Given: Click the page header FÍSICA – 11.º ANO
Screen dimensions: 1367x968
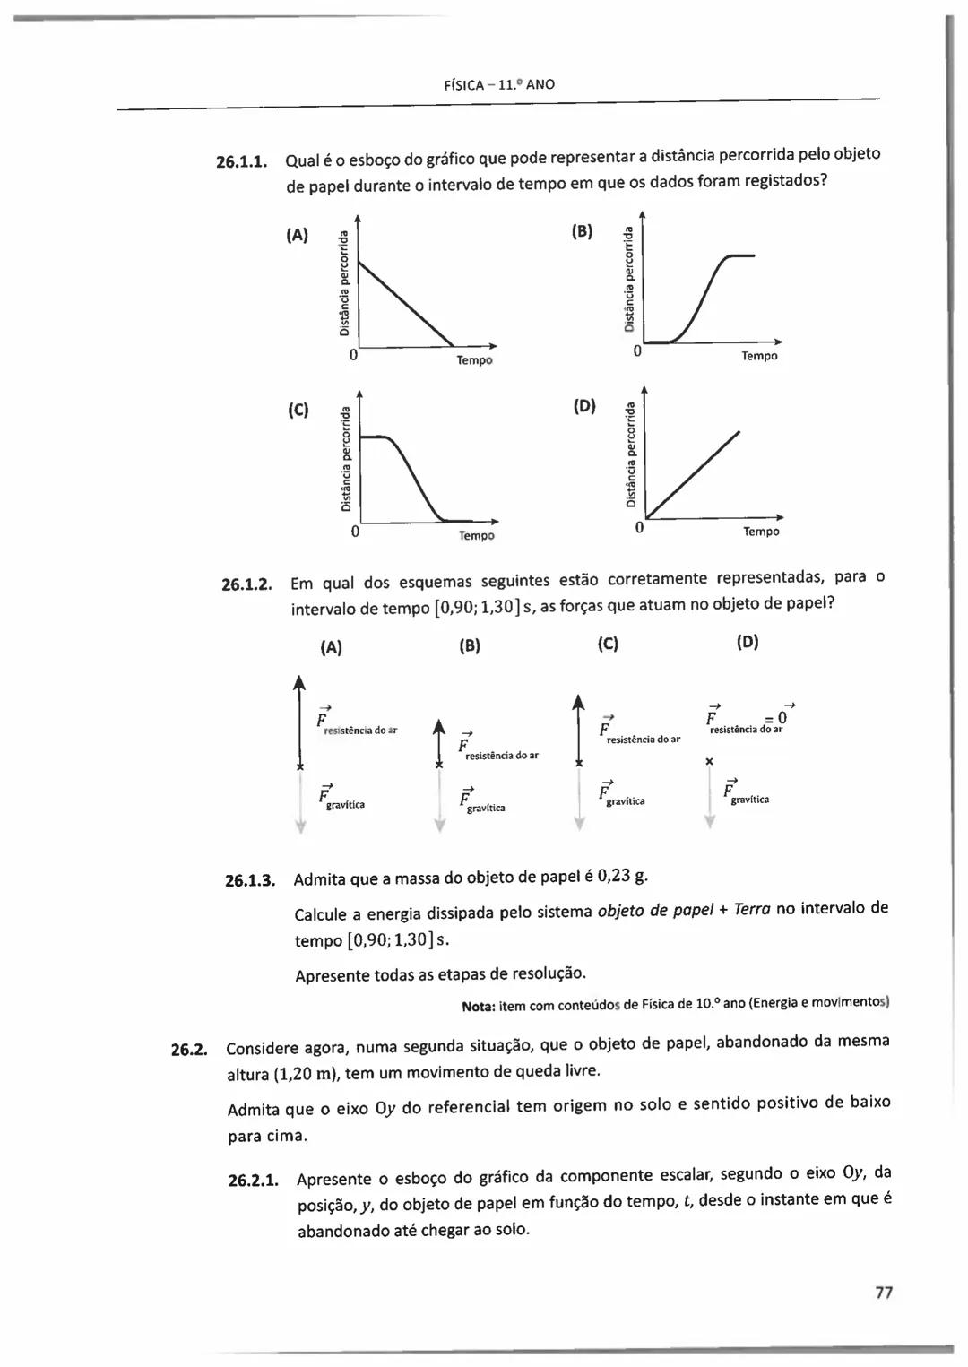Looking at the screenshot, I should pyautogui.click(x=499, y=85).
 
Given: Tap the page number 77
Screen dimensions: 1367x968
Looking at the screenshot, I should pyautogui.click(x=884, y=1293).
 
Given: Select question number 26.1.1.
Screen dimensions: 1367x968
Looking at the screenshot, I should pyautogui.click(x=242, y=163).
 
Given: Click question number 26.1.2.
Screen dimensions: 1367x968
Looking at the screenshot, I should pyautogui.click(x=246, y=585).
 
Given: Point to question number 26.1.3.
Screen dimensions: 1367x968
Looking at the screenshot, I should pyautogui.click(x=249, y=880).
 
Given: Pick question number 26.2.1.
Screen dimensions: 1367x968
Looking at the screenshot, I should pyautogui.click(x=253, y=1181).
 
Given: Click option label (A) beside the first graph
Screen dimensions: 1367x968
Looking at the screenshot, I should pyautogui.click(x=297, y=236).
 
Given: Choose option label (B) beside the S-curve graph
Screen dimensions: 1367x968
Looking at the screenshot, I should pyautogui.click(x=582, y=231).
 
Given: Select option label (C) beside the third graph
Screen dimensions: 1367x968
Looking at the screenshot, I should pyautogui.click(x=298, y=411).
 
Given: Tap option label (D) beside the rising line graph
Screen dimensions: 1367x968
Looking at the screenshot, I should pyautogui.click(x=583, y=407).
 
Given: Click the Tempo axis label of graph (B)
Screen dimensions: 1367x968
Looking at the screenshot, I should pyautogui.click(x=759, y=357).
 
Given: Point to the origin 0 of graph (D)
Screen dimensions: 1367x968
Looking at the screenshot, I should pyautogui.click(x=638, y=528).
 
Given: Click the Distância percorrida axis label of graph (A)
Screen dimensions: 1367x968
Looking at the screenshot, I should pyautogui.click(x=344, y=281).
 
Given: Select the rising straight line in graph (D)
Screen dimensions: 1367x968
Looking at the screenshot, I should pyautogui.click(x=694, y=475).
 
